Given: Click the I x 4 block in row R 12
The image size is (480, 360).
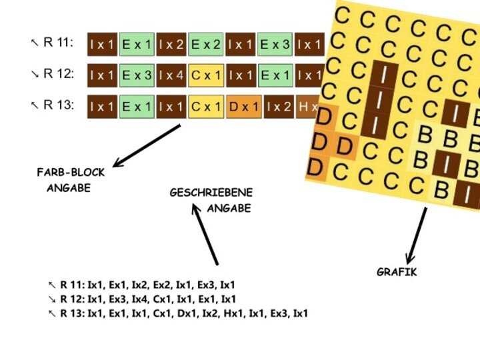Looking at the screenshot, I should [x=171, y=75].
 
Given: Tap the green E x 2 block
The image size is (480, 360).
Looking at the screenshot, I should [x=205, y=44].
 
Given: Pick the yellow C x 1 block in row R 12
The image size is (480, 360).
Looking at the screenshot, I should [x=205, y=75].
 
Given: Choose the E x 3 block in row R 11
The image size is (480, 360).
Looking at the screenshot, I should [x=275, y=44].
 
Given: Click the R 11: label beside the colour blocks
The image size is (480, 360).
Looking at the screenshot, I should [x=58, y=43].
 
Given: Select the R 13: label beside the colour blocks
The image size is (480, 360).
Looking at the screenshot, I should [x=58, y=105].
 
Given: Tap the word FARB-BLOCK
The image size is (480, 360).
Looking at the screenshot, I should [x=71, y=173].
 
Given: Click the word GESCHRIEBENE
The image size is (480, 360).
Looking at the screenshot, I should [x=211, y=193].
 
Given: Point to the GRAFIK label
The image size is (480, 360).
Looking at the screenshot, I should [x=397, y=272].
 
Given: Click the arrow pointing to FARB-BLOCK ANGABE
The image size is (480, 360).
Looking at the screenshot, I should [x=147, y=145].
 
